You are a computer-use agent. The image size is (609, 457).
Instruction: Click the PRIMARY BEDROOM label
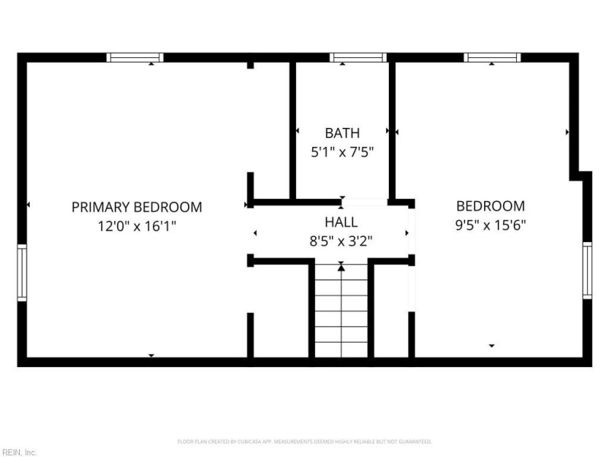pyautogui.click(x=137, y=206)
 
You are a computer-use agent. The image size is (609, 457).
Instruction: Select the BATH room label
pyautogui.click(x=342, y=133)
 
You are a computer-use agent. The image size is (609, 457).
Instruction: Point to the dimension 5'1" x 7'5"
pyautogui.click(x=342, y=152)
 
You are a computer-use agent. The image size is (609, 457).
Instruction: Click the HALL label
pyautogui.click(x=341, y=222)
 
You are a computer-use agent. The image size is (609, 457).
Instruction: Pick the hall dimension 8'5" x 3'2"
pyautogui.click(x=341, y=241)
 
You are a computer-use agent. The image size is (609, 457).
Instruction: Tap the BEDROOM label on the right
pyautogui.click(x=490, y=206)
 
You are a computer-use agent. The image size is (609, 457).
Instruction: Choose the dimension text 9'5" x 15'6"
pyautogui.click(x=490, y=225)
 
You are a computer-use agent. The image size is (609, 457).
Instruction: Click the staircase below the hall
pyautogui.click(x=341, y=312)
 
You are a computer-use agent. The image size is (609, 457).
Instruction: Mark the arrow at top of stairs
pyautogui.click(x=341, y=267)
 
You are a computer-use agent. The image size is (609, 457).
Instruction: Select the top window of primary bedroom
pyautogui.click(x=135, y=57)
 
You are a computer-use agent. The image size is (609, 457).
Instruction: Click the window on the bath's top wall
pyautogui.click(x=358, y=57)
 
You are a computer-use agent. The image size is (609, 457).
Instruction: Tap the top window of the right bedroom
pyautogui.click(x=493, y=57)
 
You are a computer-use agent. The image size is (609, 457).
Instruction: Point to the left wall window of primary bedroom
pyautogui.click(x=22, y=273)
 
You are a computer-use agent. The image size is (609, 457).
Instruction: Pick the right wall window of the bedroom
pyautogui.click(x=587, y=270)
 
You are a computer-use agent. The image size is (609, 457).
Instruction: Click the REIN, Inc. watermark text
pyautogui.click(x=18, y=452)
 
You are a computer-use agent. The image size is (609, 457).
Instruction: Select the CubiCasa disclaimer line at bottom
pyautogui.click(x=304, y=442)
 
